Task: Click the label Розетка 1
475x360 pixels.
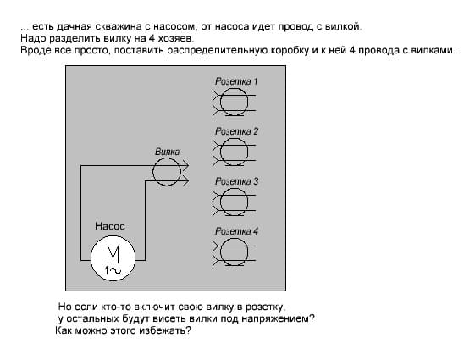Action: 236,81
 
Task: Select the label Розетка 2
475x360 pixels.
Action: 236,131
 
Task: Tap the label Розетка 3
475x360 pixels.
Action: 236,181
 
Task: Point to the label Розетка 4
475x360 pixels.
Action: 236,231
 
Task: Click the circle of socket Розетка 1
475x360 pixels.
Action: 220,102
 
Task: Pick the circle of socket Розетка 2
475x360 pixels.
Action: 220,152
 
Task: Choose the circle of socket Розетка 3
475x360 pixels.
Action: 220,202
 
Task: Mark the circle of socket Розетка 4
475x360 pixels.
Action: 220,252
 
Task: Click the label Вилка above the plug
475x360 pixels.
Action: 167,152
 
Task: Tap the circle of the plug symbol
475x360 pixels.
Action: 153,172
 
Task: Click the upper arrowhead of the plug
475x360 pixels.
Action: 185,165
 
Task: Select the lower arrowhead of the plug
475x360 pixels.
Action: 185,181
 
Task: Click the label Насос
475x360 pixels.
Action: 110,226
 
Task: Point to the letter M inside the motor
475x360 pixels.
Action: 113,255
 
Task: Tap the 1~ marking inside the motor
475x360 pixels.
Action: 113,270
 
